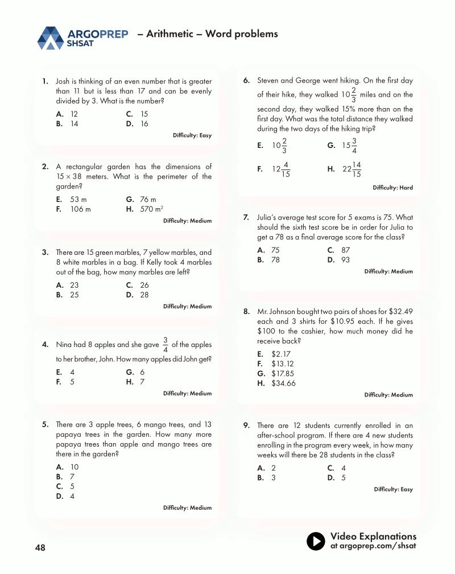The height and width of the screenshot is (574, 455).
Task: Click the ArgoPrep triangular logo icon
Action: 50,38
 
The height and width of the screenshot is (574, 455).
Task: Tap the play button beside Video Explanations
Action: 316,541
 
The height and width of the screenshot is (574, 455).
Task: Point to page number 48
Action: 40,548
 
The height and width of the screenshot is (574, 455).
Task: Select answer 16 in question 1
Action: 144,124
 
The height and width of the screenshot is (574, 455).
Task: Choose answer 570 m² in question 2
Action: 152,209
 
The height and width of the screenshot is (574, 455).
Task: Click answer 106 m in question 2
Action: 80,209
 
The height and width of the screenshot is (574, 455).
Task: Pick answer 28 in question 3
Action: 144,295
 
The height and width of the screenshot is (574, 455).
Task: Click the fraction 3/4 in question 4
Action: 165,345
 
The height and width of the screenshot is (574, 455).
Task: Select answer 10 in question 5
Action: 74,467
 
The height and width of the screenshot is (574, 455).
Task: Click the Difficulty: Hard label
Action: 392,188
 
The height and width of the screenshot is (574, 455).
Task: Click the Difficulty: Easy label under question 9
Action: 394,489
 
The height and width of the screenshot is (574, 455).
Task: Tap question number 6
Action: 246,80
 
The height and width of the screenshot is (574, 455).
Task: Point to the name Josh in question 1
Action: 63,81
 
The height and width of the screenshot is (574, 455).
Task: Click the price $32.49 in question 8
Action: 400,312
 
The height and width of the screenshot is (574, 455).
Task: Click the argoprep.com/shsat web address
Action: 373,546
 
